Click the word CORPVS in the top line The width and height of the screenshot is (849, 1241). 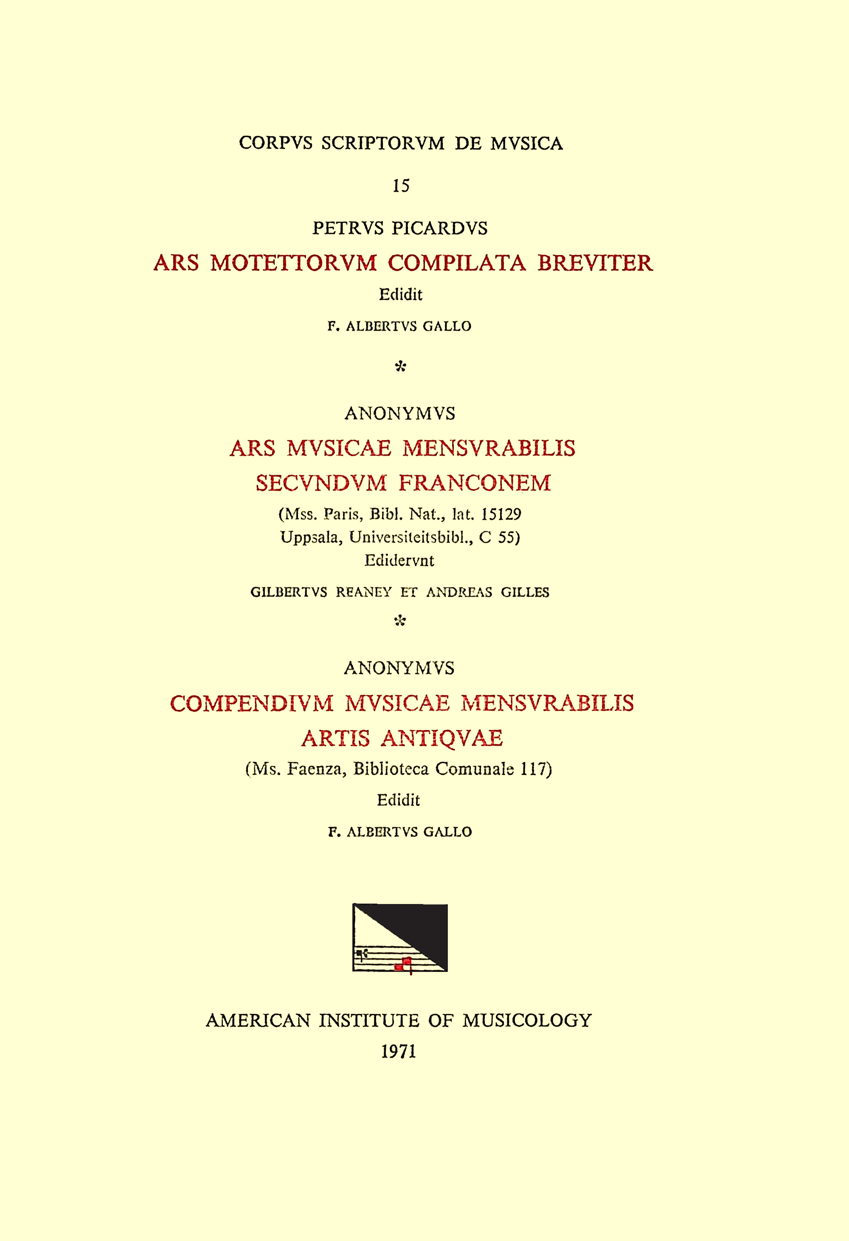click(x=275, y=143)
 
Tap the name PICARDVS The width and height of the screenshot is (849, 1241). click(x=439, y=228)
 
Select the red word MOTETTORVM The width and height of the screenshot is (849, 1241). click(x=293, y=263)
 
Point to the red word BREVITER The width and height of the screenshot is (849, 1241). click(x=594, y=263)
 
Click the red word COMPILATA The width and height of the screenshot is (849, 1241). click(x=456, y=263)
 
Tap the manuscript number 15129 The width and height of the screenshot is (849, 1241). click(x=501, y=514)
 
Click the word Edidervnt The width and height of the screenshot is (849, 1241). click(x=399, y=560)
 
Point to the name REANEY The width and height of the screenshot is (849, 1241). click(x=364, y=592)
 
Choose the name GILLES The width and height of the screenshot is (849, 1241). click(x=525, y=592)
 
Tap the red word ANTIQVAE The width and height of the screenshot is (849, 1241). click(x=441, y=738)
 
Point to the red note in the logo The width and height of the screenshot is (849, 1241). click(x=406, y=963)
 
